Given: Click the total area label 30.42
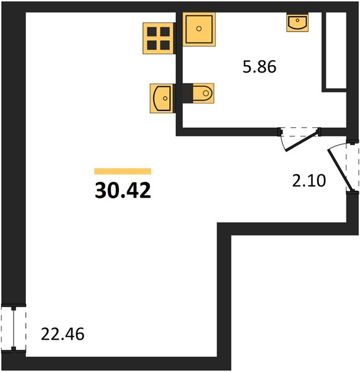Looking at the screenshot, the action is pos(123,191).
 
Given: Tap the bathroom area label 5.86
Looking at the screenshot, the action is pos(260,67).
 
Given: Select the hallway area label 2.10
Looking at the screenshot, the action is pos(309,180).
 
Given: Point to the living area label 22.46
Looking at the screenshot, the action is pos(63,334).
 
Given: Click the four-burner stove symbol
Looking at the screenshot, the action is pos(158,38).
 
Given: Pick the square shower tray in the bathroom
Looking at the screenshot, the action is pos(199,29).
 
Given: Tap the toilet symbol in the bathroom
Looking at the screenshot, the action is pos(203,93).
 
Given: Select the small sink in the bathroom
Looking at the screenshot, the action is pos(297,23).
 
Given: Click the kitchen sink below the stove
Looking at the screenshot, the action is pos(162,98).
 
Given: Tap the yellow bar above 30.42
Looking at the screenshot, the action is pos(123,171).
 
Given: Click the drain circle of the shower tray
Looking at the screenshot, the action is pos(199,29).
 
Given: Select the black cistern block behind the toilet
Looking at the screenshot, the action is pos(188,93).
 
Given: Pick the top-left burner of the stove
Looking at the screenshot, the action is pos(152,32).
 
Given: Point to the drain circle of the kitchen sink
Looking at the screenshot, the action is pos(165,98).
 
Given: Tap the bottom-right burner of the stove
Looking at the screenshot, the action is pos(165,45).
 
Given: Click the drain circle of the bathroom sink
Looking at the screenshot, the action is pos(297,20).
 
